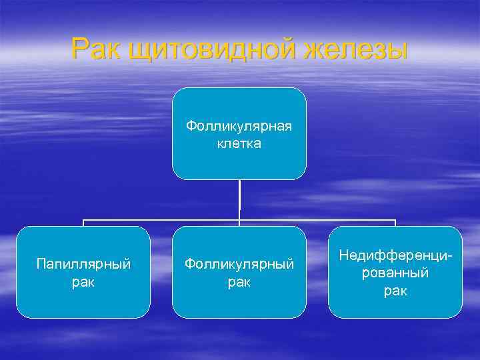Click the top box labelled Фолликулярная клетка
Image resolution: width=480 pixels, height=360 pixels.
[x=239, y=133]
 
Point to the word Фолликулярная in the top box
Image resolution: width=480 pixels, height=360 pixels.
[x=239, y=126]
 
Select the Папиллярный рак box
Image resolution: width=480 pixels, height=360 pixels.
[x=83, y=272]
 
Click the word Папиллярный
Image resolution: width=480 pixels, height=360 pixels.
[x=83, y=265]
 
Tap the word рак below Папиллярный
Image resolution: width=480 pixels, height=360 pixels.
[x=83, y=282]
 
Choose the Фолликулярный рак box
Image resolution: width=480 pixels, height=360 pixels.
[x=239, y=272]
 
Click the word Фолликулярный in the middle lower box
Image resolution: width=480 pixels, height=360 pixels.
[x=239, y=265]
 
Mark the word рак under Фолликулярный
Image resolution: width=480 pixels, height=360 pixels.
[x=239, y=282]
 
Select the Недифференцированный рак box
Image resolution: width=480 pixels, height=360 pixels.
[x=395, y=272]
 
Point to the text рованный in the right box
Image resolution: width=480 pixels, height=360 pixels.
[x=395, y=273]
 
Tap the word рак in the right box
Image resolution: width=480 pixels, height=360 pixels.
[x=395, y=291]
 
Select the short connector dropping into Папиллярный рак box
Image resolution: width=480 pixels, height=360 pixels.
[x=83, y=223]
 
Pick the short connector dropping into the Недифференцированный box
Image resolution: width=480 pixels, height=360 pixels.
[x=395, y=223]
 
